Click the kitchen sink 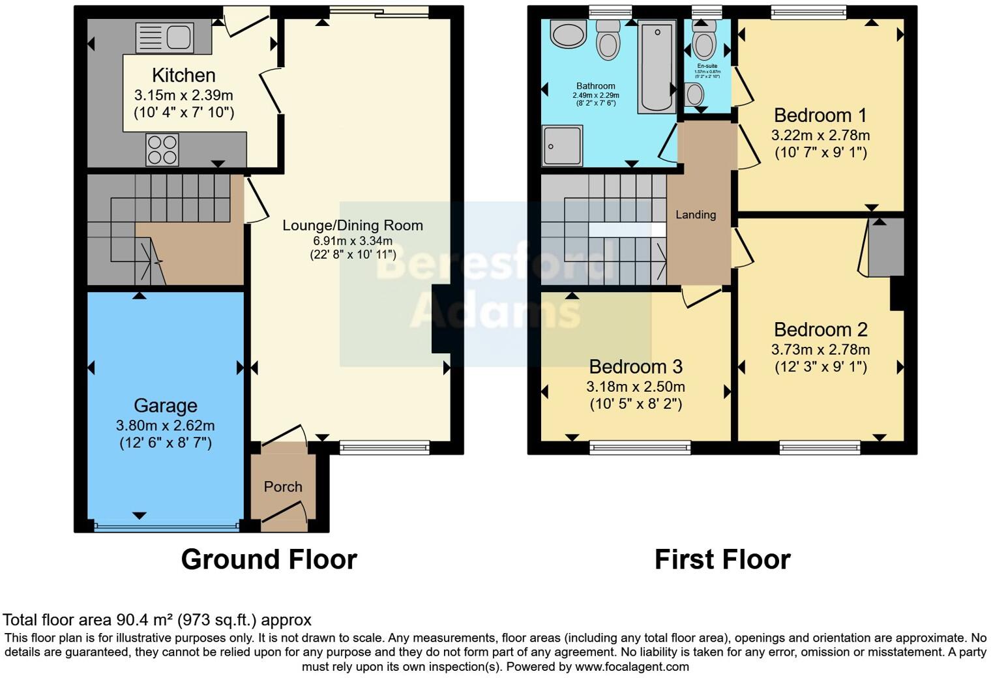pos(164,37)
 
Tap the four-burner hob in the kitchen pos(162,149)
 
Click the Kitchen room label pos(183,75)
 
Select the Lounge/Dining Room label pos(352,226)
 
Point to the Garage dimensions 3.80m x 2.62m pos(165,426)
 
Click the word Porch pos(283,487)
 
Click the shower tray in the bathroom pos(562,146)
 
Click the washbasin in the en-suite pos(694,95)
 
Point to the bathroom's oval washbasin pos(569,34)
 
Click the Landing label pos(696,214)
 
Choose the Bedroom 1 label pos(820,115)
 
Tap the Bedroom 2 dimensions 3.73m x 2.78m pos(820,349)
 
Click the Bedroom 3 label pos(635,366)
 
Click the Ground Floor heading pos(269,559)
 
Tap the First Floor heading pos(722,559)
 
